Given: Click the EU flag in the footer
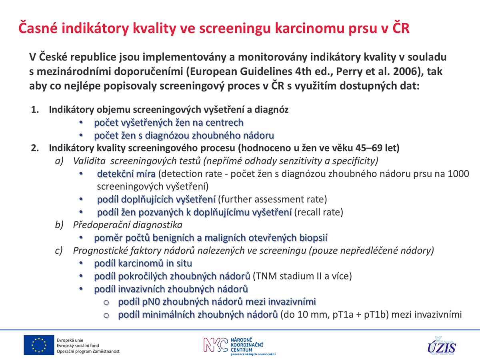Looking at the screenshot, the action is point(39,345).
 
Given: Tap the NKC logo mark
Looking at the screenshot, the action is point(216,345).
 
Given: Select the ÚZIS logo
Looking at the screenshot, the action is point(442,345).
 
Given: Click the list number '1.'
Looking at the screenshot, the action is point(35,110).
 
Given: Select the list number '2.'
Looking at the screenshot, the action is point(35,148).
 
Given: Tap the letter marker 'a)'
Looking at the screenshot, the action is point(59,161).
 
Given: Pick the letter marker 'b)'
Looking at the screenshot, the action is point(59,225).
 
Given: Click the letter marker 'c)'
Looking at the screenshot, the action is point(59,251).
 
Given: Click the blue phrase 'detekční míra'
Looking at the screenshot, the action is point(126,174).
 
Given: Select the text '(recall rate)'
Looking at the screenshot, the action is point(319,212).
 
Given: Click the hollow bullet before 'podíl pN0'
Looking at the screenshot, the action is point(106,303).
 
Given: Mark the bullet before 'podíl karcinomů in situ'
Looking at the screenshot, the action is point(81,263).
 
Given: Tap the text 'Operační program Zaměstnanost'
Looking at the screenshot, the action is point(88,352).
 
